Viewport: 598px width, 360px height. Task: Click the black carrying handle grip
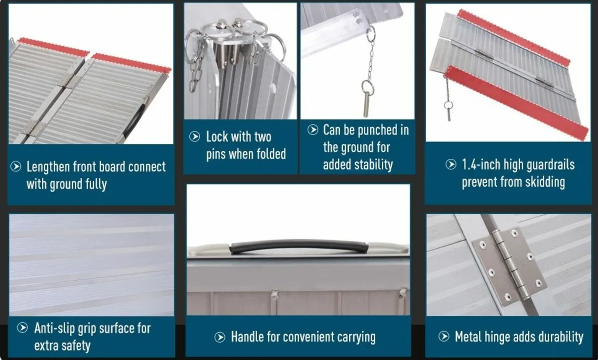coord(299,246)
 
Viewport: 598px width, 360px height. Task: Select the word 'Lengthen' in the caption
coord(49,167)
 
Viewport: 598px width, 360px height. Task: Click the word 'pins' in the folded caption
coord(216,154)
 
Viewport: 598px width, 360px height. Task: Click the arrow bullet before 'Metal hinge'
coord(444,337)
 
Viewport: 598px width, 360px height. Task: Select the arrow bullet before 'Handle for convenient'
coord(220,338)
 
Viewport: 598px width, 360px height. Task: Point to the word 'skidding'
coord(542,182)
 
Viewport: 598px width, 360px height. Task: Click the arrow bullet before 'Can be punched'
coord(312,130)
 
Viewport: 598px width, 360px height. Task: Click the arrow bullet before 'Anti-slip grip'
coord(22,328)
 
